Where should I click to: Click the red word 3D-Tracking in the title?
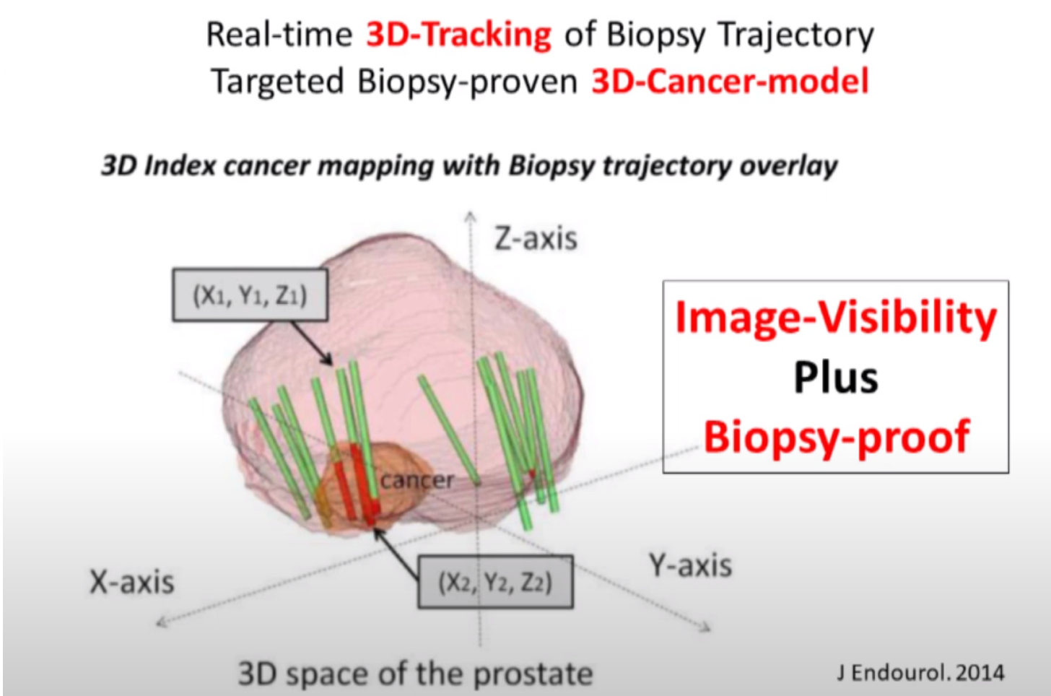458,34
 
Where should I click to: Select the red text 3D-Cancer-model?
730,81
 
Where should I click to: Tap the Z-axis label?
536,238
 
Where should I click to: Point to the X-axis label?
132,582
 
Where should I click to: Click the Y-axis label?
690,565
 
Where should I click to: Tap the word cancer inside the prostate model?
417,480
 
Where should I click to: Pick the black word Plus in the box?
836,378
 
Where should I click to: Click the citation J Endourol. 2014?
921,672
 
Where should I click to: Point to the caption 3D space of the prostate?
416,674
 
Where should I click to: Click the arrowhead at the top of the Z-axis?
470,215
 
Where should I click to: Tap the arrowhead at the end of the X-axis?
161,623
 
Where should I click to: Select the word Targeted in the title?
278,82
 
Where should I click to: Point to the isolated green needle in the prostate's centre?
449,430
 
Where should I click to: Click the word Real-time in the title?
279,34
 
